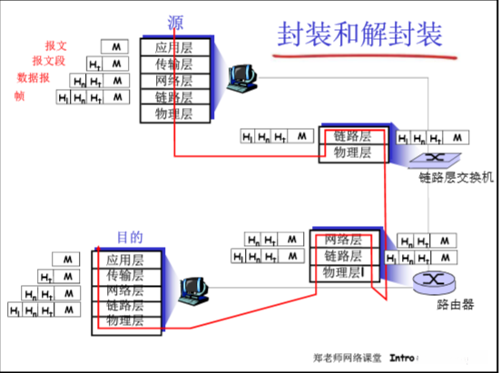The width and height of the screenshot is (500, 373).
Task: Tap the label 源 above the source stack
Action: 174,23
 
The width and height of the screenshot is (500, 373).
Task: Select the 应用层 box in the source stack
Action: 174,47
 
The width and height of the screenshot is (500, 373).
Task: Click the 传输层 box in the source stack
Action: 174,64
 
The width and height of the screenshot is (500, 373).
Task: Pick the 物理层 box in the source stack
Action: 174,114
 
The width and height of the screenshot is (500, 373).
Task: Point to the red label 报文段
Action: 49,60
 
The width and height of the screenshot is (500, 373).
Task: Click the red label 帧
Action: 19,95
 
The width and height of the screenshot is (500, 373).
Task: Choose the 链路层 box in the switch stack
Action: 353,136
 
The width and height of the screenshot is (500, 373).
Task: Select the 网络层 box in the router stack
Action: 344,240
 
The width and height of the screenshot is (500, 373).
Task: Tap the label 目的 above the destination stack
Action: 130,237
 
